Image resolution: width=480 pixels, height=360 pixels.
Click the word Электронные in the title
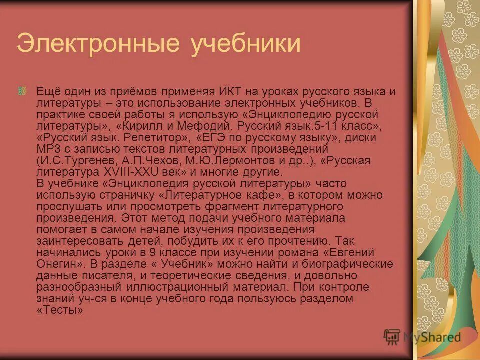98,44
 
